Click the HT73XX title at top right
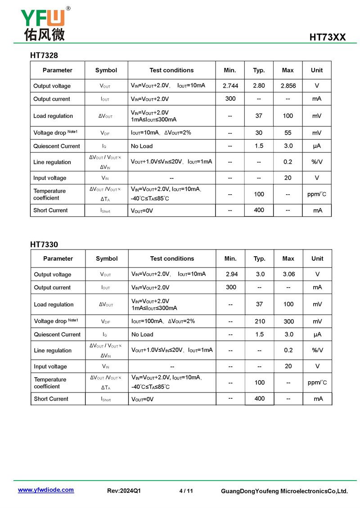[327, 37]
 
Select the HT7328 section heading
[44, 55]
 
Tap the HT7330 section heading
[44, 245]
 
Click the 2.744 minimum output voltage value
[230, 86]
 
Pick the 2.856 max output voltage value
[288, 86]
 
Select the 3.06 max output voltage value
[288, 274]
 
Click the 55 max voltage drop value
[288, 133]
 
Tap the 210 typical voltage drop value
[260, 321]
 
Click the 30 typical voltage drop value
[259, 133]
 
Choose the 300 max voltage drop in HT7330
[288, 321]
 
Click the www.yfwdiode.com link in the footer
[46, 490]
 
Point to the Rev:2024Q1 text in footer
[124, 491]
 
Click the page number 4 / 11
[186, 491]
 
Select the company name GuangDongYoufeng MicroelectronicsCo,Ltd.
[284, 491]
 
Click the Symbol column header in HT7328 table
[106, 70]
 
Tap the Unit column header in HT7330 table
[317, 258]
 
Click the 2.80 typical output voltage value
[259, 86]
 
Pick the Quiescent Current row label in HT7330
[57, 334]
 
